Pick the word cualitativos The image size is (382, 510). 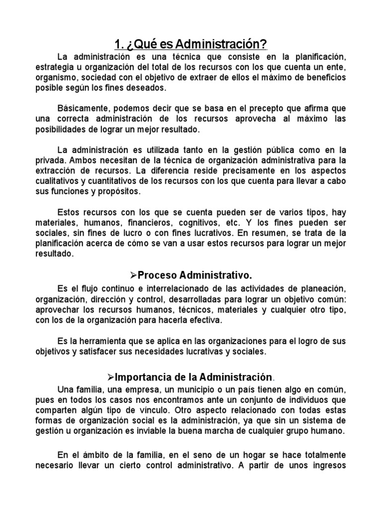pos(59,181)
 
